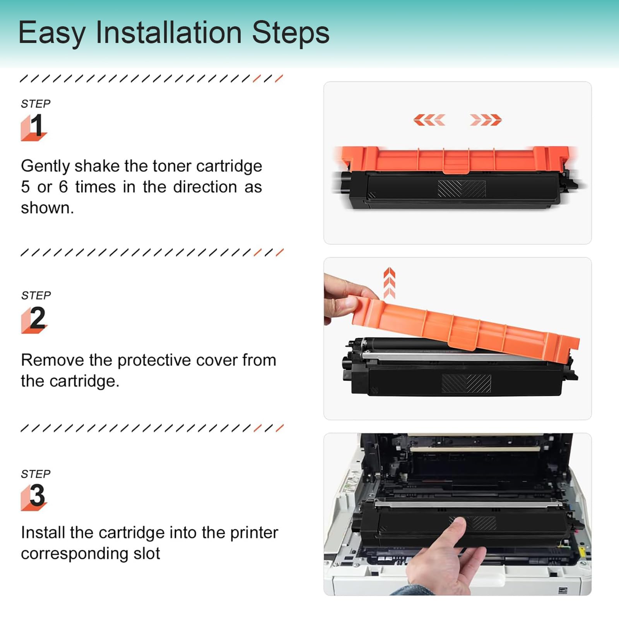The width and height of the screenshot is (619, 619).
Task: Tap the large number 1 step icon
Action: tap(34, 127)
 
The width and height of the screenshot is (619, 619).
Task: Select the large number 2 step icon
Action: tap(34, 320)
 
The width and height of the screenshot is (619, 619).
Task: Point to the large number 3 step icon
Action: tap(34, 497)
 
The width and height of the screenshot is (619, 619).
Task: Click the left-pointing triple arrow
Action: tap(429, 120)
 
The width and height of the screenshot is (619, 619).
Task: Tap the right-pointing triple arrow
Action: tap(486, 120)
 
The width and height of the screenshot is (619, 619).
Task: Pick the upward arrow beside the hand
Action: tap(390, 283)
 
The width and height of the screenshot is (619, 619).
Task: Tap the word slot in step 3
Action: tap(147, 553)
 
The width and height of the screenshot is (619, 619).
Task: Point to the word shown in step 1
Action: tap(47, 208)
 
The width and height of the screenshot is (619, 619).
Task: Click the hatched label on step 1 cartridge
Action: tap(462, 189)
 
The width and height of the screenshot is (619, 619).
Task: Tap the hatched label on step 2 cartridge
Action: tap(466, 383)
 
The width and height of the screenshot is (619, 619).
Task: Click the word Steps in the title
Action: tap(291, 33)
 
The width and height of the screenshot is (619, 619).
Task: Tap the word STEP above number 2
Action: tap(36, 296)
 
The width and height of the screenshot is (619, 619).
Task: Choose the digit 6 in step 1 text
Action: tap(63, 187)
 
